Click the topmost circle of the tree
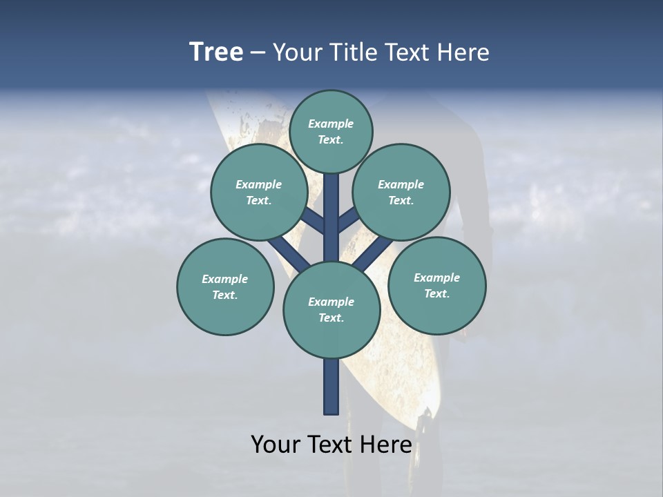[x=331, y=132]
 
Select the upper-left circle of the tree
[x=259, y=193]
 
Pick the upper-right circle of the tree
[x=401, y=193]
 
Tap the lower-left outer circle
[x=225, y=287]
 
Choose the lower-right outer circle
[x=437, y=286]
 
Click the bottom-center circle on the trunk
[x=331, y=310]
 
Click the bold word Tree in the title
[x=216, y=52]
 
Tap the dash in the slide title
[x=258, y=53]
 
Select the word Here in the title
[x=463, y=52]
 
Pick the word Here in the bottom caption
[x=387, y=445]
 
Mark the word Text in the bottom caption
[x=329, y=445]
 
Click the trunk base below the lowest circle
[x=331, y=387]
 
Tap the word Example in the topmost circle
[x=331, y=124]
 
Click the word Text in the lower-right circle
[x=436, y=294]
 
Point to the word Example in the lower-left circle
[x=224, y=280]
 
